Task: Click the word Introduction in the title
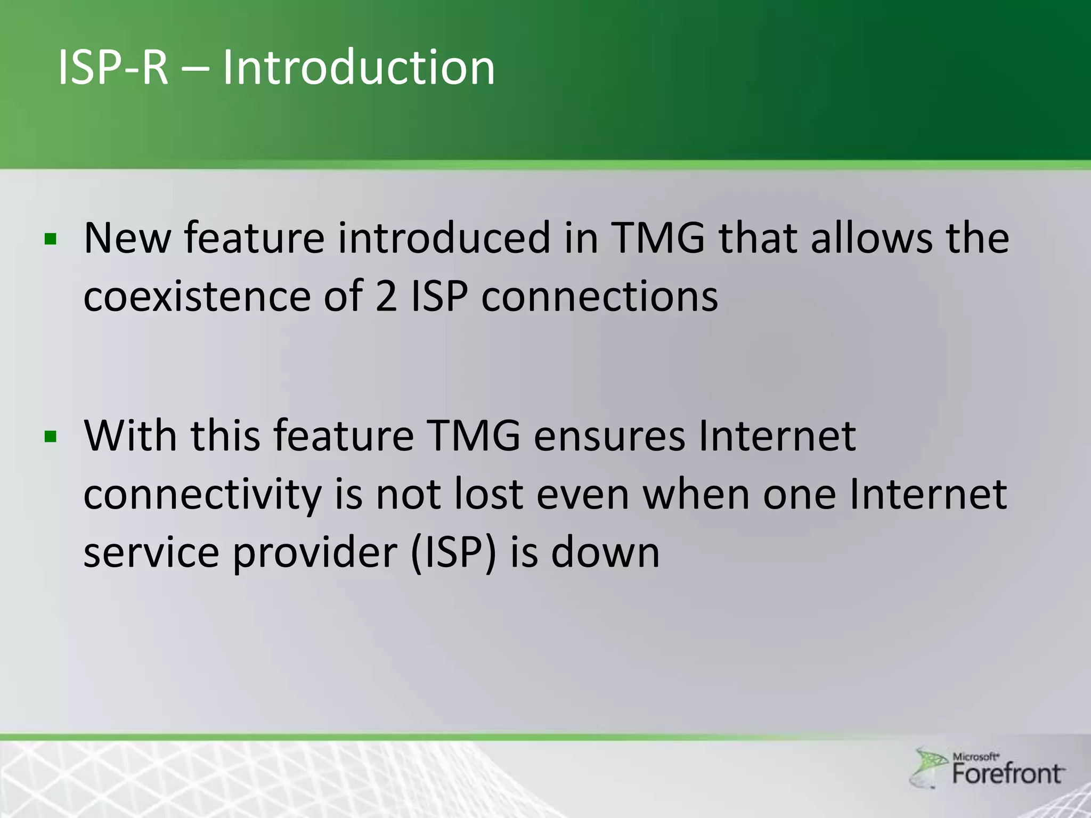coord(358,68)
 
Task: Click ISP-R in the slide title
coord(113,68)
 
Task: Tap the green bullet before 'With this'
coord(51,437)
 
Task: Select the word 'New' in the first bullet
coord(127,239)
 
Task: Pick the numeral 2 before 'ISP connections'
coord(386,297)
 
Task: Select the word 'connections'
coord(599,297)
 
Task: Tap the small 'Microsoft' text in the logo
coord(975,756)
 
